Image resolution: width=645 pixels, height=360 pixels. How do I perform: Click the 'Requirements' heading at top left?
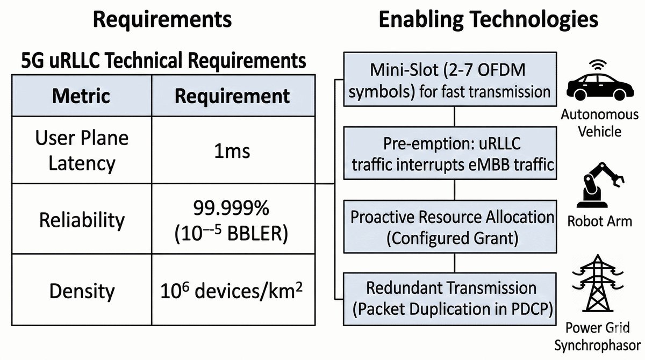162,19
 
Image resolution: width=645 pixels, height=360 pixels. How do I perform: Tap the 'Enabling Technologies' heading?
489,19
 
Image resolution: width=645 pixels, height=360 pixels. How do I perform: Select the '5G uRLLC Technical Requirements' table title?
163,60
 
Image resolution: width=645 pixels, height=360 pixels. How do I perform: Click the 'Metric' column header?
81,96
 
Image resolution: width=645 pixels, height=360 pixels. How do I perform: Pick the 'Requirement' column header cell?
232,96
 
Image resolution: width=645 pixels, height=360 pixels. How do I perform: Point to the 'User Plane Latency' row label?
82,150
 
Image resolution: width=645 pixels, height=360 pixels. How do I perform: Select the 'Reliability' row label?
82,220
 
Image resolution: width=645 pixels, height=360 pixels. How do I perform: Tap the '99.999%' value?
231,208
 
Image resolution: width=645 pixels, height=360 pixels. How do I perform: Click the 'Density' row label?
82,291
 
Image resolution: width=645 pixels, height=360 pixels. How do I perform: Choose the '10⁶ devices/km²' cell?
232,290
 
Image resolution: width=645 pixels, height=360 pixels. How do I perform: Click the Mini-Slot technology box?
450,79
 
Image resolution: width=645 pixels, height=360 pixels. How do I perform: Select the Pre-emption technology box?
450,153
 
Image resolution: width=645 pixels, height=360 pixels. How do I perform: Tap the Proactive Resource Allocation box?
450,227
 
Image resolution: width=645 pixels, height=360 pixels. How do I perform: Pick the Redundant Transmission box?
450,299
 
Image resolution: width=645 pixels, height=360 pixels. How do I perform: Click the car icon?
600,87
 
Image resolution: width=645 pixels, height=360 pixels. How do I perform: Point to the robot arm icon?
599,185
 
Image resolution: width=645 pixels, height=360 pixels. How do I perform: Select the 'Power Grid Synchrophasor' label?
598,336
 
